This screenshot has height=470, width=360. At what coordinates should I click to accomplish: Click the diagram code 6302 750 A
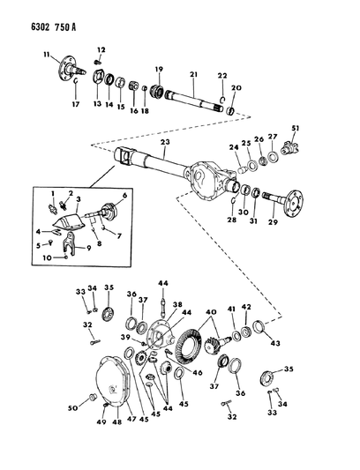[54, 27]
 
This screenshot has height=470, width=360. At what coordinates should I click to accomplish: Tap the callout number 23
[165, 142]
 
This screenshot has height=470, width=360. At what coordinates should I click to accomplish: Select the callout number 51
[296, 129]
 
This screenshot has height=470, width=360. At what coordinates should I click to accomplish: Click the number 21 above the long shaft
[194, 74]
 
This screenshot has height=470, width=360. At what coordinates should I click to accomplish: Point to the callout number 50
[73, 408]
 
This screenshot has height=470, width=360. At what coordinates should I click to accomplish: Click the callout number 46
[198, 373]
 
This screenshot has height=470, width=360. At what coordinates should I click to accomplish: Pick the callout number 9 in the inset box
[89, 248]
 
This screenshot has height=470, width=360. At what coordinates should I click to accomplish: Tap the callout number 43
[275, 343]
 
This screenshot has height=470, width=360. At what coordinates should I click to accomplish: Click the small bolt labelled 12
[97, 62]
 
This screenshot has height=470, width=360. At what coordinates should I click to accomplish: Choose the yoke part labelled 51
[290, 148]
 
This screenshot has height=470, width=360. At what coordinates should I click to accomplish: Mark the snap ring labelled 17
[76, 82]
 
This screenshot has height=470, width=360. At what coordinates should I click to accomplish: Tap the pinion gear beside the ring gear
[213, 344]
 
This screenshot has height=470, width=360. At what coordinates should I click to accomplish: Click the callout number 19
[159, 70]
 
